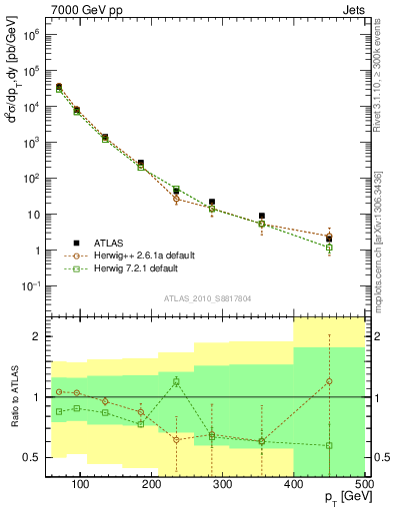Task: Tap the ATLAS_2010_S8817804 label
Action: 208,297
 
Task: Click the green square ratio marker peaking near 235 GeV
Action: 176,381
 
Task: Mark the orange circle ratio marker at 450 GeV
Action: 329,381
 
